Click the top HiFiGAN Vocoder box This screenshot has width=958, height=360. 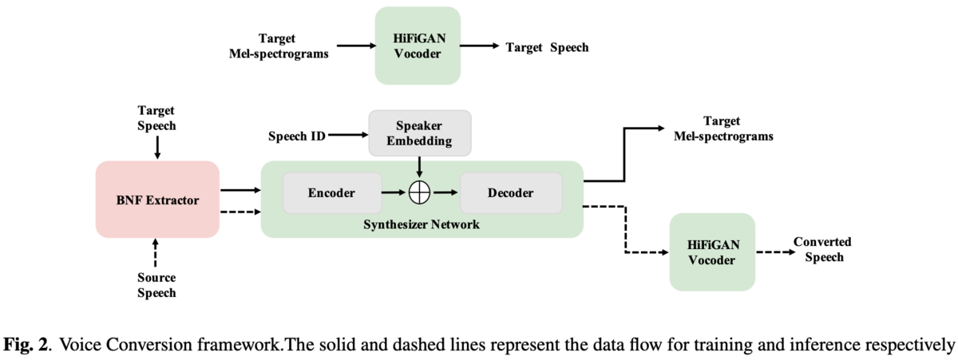[418, 46]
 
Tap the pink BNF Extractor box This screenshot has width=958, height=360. [157, 199]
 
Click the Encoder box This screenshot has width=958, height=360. [331, 192]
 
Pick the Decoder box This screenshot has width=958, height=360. [512, 192]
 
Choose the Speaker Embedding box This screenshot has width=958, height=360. [419, 133]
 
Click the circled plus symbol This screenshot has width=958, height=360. [420, 193]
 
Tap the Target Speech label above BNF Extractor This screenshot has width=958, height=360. [156, 118]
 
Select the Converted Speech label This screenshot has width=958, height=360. [821, 249]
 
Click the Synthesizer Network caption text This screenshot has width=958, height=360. [422, 224]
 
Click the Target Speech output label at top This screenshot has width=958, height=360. [547, 47]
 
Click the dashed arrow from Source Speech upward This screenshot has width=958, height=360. [156, 255]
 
